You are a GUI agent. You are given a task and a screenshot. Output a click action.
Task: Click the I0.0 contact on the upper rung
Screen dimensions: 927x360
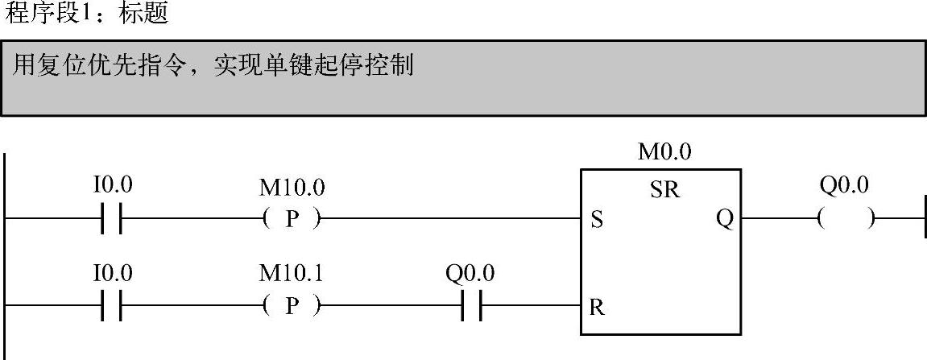coord(112,218)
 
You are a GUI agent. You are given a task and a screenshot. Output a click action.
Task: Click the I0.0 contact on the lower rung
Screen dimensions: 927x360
coord(112,307)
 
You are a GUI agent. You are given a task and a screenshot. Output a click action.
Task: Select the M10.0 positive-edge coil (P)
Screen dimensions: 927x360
coord(292,218)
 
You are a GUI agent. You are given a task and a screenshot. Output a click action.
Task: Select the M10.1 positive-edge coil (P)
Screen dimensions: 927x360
coord(292,307)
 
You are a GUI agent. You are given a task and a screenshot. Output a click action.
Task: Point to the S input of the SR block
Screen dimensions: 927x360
coord(595,219)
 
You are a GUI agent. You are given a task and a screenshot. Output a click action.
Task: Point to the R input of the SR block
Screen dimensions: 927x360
coord(596,307)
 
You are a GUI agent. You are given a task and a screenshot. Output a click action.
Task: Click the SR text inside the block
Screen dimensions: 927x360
coord(664,191)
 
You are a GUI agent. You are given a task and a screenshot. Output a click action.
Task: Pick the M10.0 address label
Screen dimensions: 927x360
coord(292,188)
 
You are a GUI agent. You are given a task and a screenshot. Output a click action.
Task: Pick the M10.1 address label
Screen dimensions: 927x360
coord(292,275)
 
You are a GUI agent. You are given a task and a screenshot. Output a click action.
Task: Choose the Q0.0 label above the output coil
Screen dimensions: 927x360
coord(844,186)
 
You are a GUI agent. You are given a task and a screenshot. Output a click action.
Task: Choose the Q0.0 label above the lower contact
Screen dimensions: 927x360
coord(470,275)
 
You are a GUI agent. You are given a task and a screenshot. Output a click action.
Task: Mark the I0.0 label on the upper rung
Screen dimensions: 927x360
coord(112,186)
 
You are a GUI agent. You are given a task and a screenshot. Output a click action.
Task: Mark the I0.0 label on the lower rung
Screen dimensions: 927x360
coord(112,275)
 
